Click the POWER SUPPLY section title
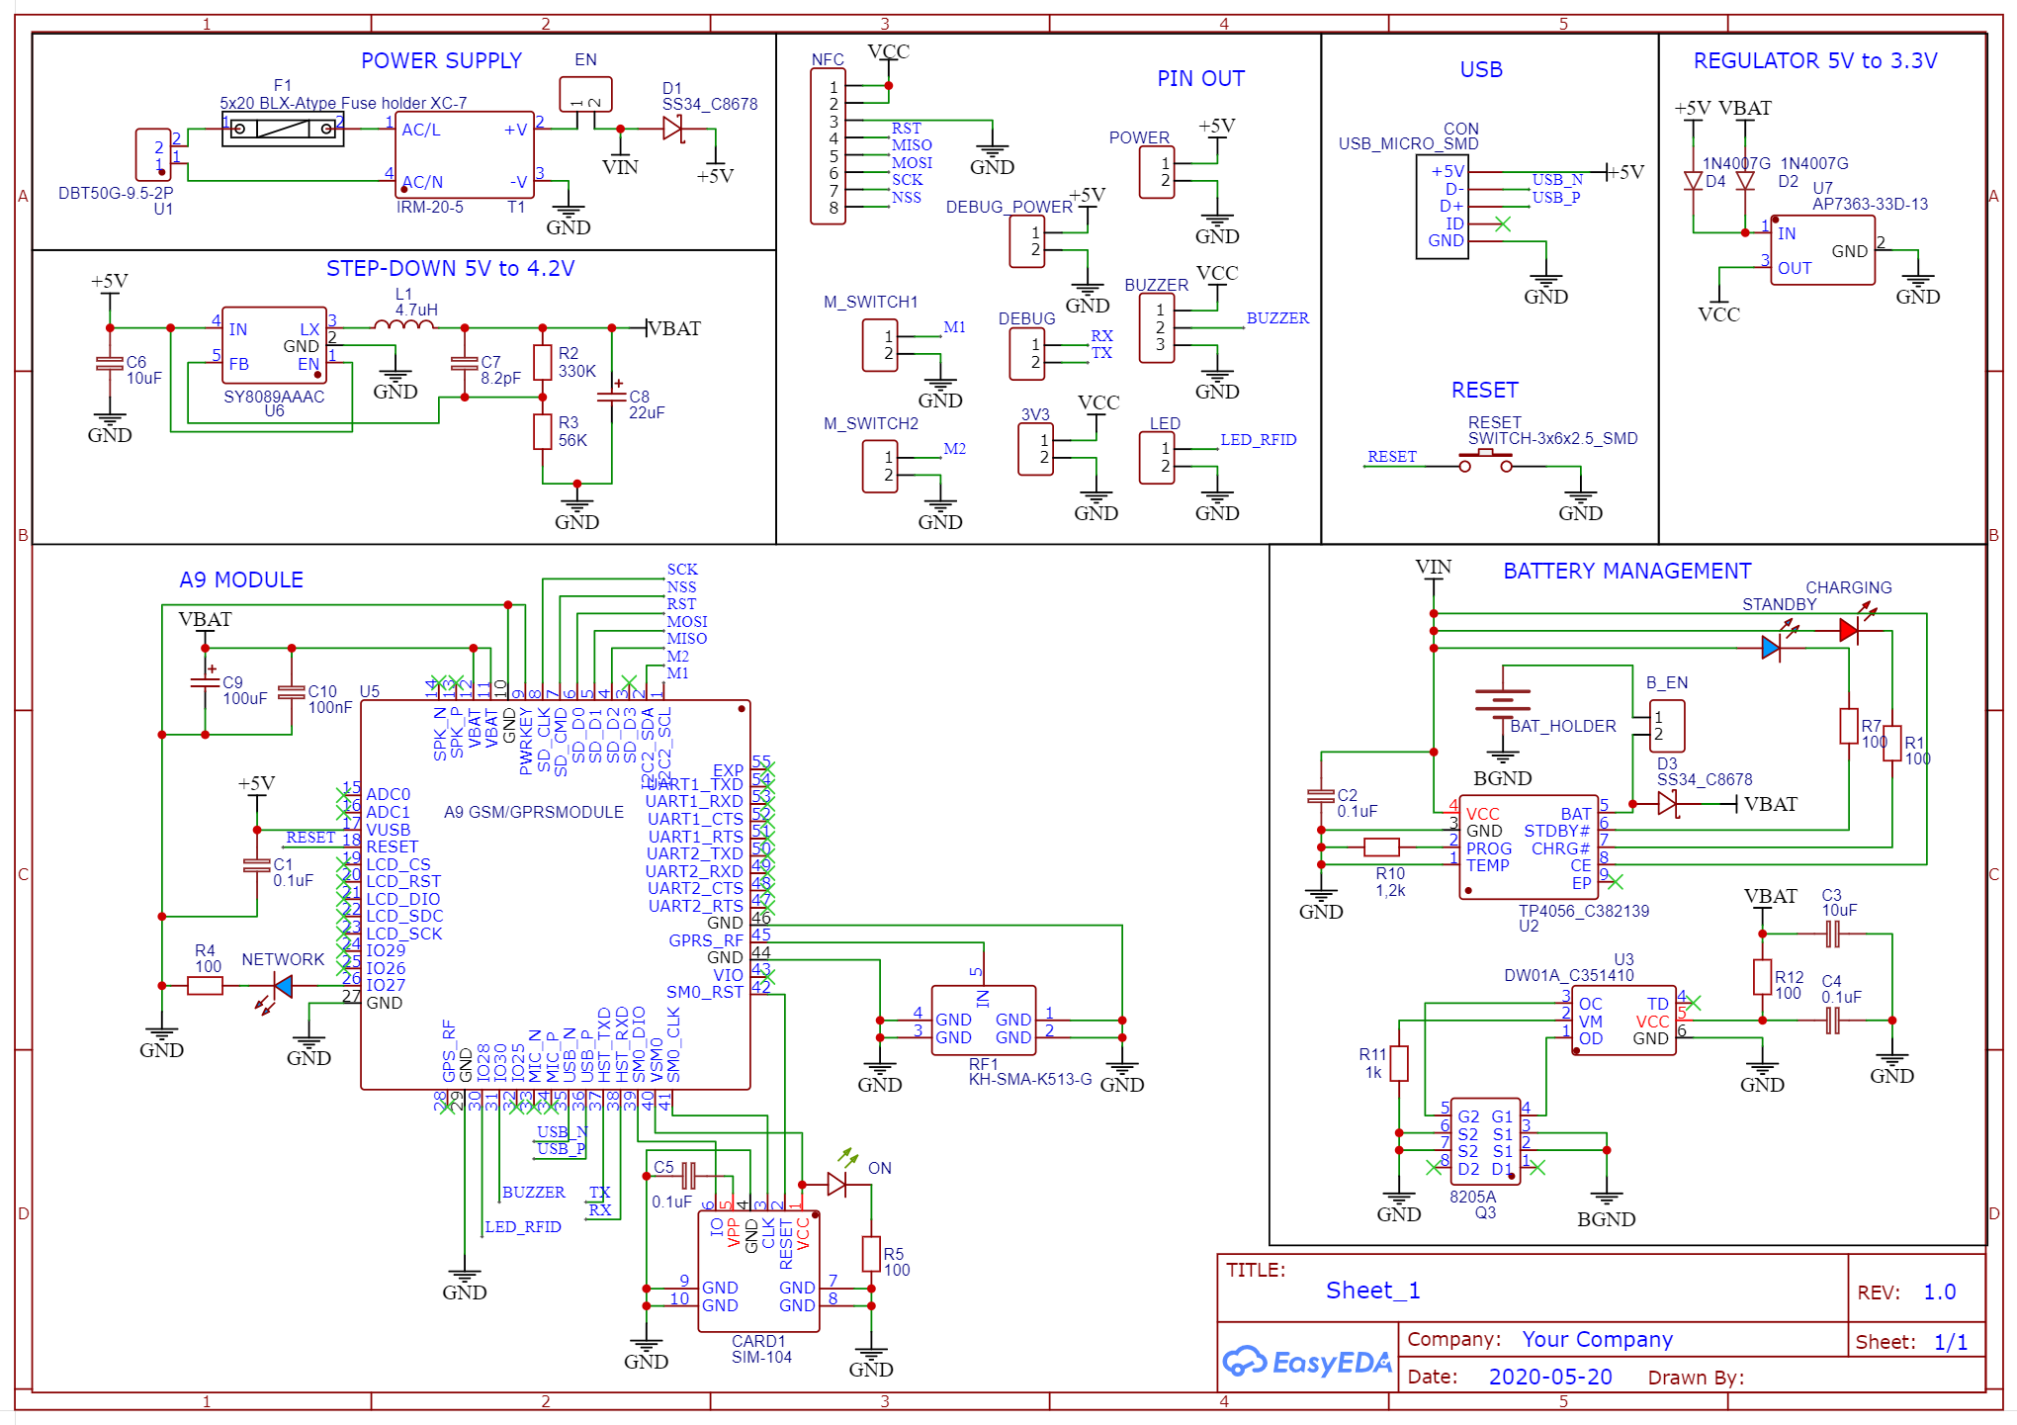(441, 61)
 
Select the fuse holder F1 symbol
(283, 129)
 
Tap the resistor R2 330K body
(542, 362)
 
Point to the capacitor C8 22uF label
(647, 404)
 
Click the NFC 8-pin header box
(829, 147)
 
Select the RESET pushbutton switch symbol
(1485, 461)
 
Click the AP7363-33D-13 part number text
(1870, 205)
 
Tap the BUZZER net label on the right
(1277, 318)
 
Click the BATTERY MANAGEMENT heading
(1626, 572)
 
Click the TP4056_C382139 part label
(1584, 911)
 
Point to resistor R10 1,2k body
(1381, 846)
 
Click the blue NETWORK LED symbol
(283, 986)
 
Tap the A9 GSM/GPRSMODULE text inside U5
(534, 812)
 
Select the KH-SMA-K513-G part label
(1030, 1079)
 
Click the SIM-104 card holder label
(761, 1357)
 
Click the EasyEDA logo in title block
(1307, 1362)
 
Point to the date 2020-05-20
(1549, 1377)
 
